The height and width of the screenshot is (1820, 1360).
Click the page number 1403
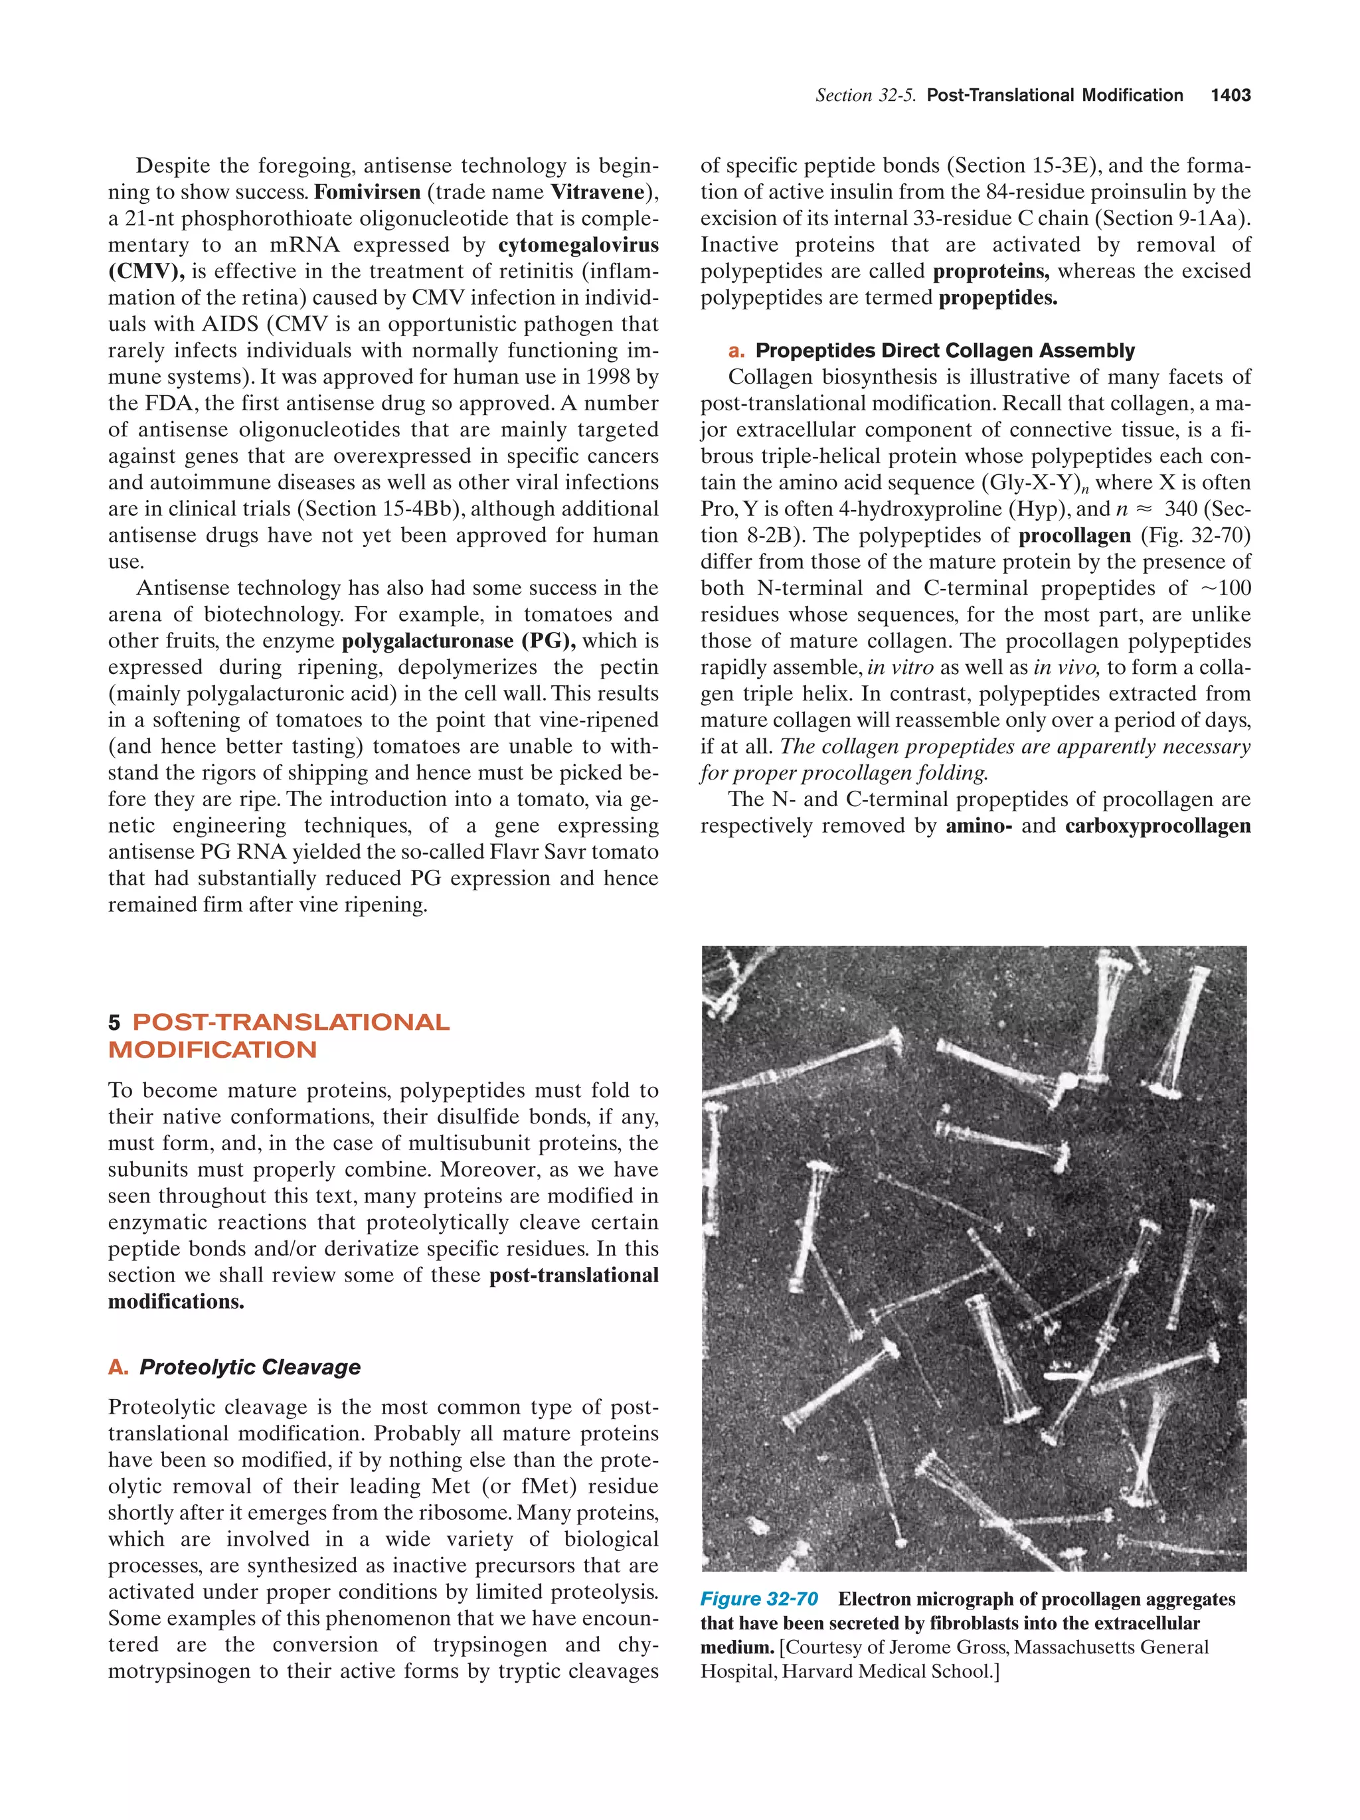coord(1230,96)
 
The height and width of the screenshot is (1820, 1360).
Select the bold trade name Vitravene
coord(596,193)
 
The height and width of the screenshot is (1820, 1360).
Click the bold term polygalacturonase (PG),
coord(458,641)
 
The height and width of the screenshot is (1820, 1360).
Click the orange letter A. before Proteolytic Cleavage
coord(118,1367)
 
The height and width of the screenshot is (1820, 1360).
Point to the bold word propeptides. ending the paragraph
coord(997,298)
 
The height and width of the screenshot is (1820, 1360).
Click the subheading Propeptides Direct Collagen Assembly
coord(944,351)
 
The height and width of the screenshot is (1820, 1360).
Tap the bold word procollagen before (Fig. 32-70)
coord(1074,536)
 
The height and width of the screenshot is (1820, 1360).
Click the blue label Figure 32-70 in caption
coord(758,1599)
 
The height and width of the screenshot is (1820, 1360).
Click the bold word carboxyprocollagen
coord(1157,826)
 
